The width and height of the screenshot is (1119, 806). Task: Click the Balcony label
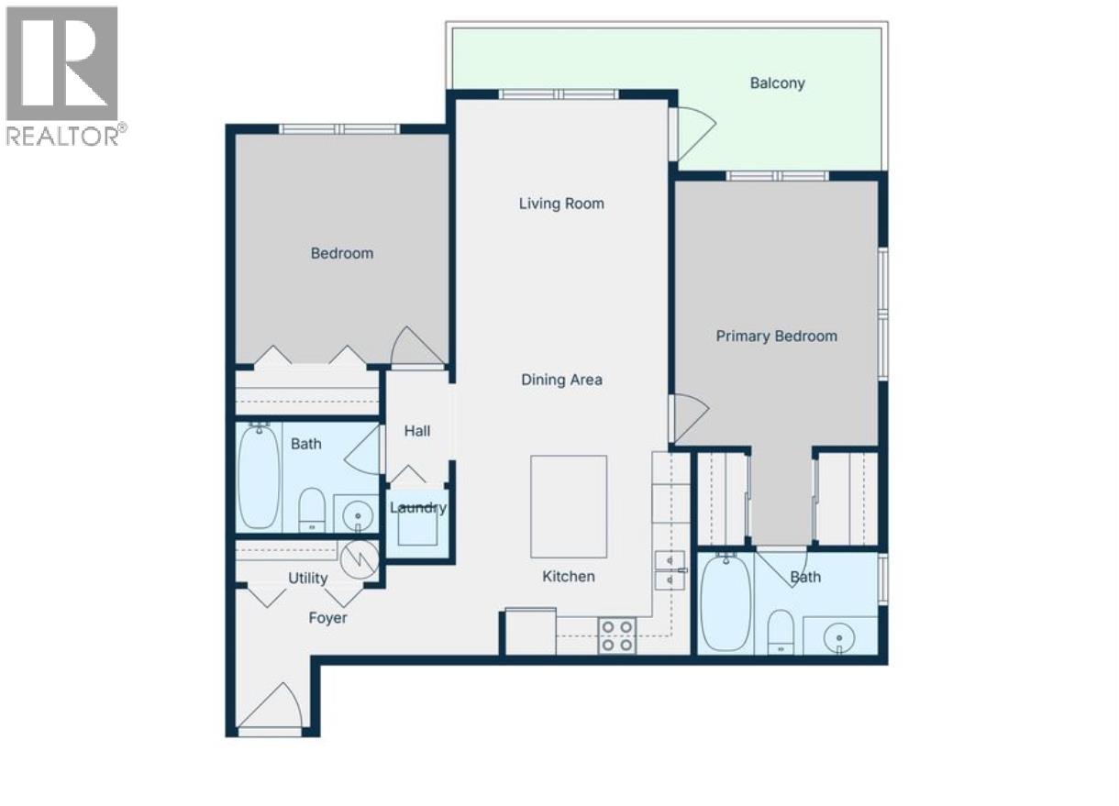point(777,83)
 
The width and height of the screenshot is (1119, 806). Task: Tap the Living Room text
point(561,204)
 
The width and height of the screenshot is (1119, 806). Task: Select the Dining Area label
point(561,380)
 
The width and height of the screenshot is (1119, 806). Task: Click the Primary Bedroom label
point(776,337)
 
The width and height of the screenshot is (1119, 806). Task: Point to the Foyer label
point(327,619)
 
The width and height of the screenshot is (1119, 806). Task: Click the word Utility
point(308,579)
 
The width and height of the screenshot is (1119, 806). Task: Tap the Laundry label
point(418,508)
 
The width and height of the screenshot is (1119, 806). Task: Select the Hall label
point(417,431)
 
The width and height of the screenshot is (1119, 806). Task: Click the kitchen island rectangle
point(569,506)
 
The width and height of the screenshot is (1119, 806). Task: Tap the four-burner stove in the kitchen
point(617,635)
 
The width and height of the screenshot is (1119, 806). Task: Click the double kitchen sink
point(670,569)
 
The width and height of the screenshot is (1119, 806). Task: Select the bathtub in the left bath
point(259,477)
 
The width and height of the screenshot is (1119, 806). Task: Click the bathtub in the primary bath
point(726,602)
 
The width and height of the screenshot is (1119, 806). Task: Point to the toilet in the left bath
point(313,510)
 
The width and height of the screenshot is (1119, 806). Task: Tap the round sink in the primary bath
point(839,635)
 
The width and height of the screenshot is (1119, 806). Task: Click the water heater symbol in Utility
point(359,558)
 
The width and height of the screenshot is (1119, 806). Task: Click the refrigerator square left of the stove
point(530,632)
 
